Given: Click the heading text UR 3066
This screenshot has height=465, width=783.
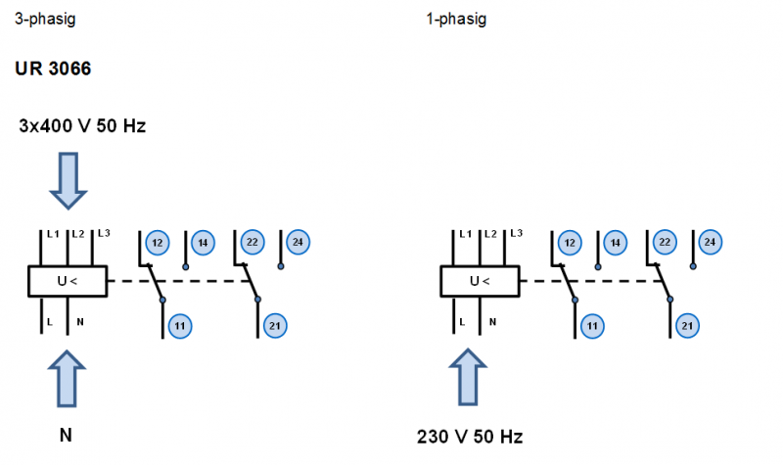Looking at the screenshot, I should (x=54, y=70).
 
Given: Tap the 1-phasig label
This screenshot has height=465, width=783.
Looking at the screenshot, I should (x=456, y=19).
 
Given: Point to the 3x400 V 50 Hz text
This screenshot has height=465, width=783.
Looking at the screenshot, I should (x=82, y=126).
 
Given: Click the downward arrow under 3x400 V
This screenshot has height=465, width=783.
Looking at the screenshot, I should (x=69, y=179).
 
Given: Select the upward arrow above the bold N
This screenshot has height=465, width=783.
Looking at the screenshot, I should (x=67, y=378).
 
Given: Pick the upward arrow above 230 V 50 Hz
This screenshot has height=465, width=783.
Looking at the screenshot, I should (x=467, y=378).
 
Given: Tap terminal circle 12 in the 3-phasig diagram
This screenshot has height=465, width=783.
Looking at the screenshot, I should (x=157, y=242).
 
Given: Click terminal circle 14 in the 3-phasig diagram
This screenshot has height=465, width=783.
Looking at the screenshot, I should (x=203, y=242).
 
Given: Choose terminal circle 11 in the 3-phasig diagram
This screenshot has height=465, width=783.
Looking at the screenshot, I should (x=180, y=325).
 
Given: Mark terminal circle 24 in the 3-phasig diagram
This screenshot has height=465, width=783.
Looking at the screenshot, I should (x=298, y=241).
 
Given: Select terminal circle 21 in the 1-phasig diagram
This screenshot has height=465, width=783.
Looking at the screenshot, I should (x=687, y=325).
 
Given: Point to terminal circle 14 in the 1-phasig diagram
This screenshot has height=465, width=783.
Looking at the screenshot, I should (x=614, y=242).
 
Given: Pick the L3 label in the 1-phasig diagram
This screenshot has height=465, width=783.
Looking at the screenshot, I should (x=517, y=233).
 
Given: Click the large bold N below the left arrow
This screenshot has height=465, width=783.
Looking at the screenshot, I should (x=66, y=436).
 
